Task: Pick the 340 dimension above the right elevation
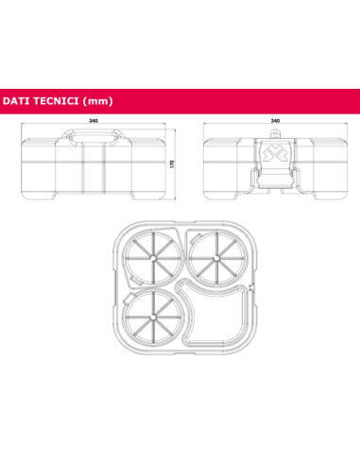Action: (275, 121)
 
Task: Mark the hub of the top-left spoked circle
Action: (152, 256)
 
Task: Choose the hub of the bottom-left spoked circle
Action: (152, 315)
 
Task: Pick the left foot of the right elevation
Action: (219, 197)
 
